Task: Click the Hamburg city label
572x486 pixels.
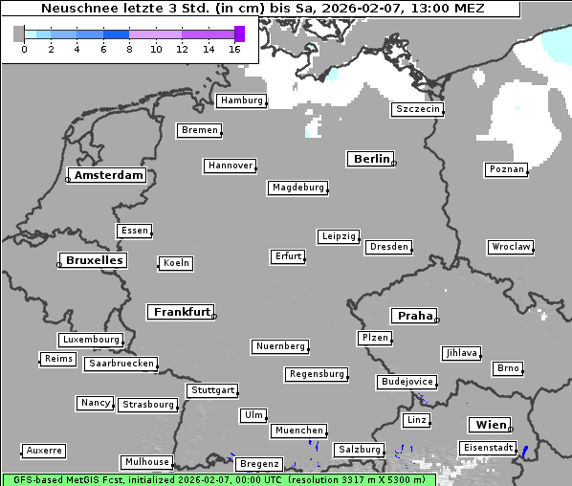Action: [x=241, y=100]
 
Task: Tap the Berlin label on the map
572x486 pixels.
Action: [x=371, y=159]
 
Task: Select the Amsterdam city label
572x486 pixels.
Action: [x=108, y=175]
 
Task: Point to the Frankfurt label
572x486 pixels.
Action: [x=182, y=312]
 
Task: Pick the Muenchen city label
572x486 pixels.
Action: [x=298, y=431]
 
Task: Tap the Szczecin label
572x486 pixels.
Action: [x=418, y=109]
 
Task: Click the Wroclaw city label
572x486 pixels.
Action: [x=510, y=247]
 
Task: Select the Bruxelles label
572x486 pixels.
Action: [x=94, y=260]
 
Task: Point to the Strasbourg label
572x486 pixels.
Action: [x=148, y=405]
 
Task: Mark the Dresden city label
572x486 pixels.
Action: [x=389, y=247]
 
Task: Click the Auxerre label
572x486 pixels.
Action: [x=44, y=450]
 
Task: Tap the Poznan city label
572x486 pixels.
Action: [x=506, y=169]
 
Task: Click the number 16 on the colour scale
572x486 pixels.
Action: [x=234, y=49]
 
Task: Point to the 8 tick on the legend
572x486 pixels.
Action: [x=129, y=49]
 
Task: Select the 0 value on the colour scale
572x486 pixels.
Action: [x=24, y=49]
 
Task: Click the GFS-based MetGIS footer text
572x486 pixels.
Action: [x=57, y=479]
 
